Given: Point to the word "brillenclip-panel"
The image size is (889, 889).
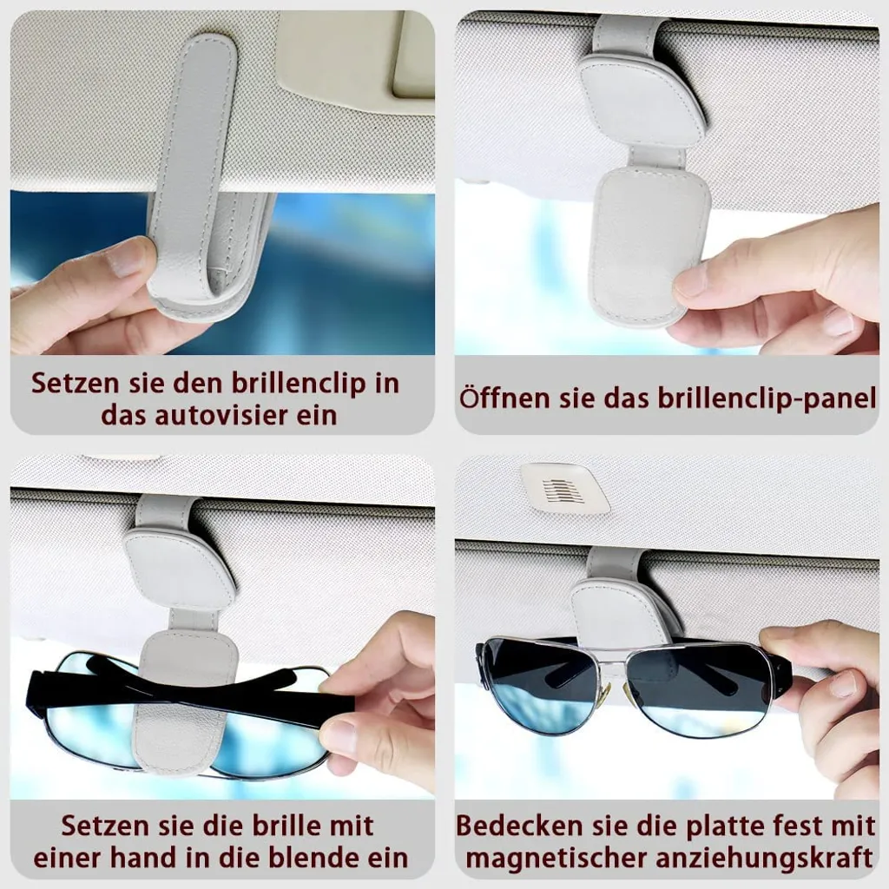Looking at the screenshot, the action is tap(767, 398).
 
